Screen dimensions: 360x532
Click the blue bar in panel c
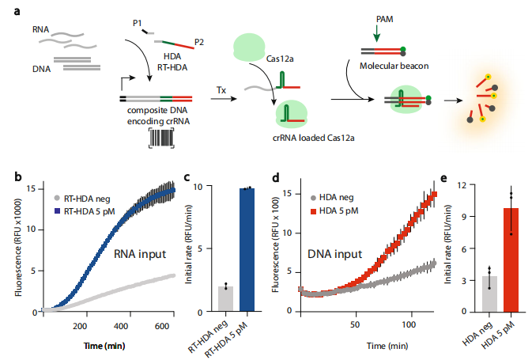click(x=247, y=250)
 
